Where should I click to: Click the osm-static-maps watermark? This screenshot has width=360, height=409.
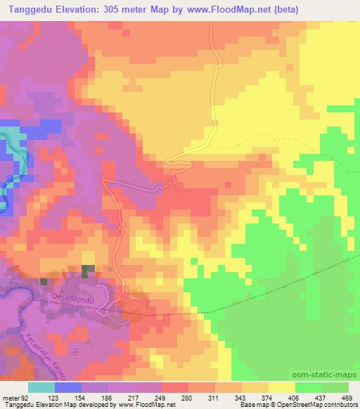[x=323, y=374]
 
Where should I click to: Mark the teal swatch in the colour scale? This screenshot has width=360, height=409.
[x=41, y=387]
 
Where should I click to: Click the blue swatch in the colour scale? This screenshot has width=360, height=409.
[x=68, y=387]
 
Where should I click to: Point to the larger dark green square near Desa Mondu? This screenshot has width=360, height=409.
[x=88, y=271]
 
